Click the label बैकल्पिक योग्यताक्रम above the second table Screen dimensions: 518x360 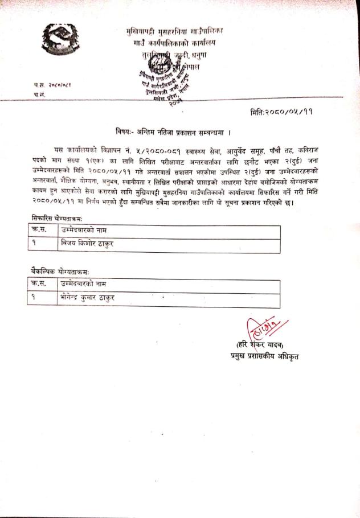tap(60, 272)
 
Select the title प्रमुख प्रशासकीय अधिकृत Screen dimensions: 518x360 tap(260, 356)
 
